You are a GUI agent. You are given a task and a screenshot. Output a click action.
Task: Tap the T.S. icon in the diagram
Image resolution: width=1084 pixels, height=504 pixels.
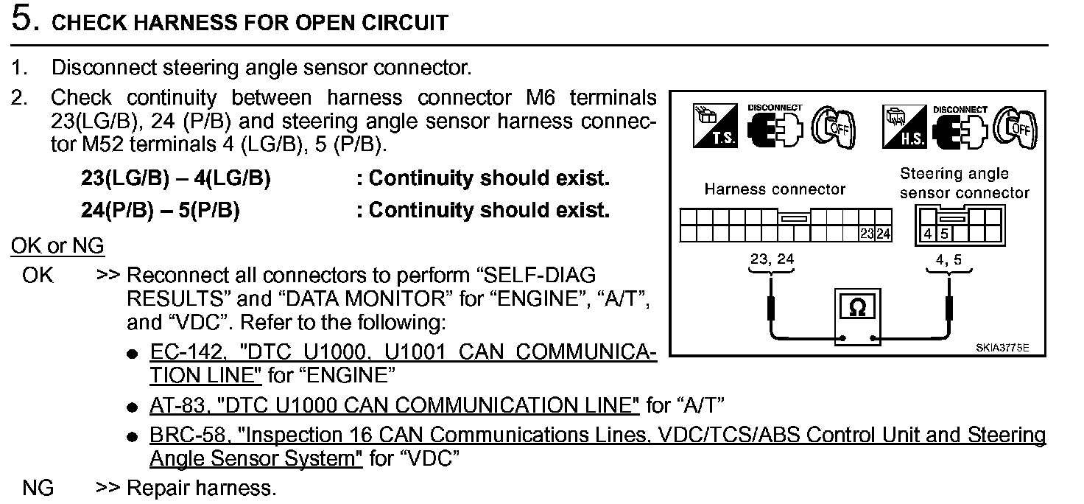coord(715,126)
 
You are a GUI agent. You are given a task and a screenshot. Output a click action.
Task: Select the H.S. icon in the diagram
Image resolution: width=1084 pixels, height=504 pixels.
coord(903,126)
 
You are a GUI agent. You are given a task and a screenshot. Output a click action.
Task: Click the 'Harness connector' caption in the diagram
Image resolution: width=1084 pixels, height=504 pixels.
coord(775,189)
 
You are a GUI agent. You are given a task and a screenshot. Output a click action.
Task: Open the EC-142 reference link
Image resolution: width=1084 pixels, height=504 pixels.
coord(402,353)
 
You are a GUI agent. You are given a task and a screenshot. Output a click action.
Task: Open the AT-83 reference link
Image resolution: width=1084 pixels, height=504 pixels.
coord(394,405)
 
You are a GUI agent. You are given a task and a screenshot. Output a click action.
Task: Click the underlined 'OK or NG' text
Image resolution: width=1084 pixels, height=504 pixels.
coord(57,245)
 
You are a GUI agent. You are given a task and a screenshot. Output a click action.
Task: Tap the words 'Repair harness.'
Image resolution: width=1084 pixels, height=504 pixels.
coord(202,488)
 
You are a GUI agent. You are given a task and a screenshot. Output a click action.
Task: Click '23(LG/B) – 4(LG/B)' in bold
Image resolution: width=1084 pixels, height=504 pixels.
coord(175,179)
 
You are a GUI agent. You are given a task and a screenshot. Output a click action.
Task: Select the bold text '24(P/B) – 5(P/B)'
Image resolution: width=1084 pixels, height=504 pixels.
coord(160,211)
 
